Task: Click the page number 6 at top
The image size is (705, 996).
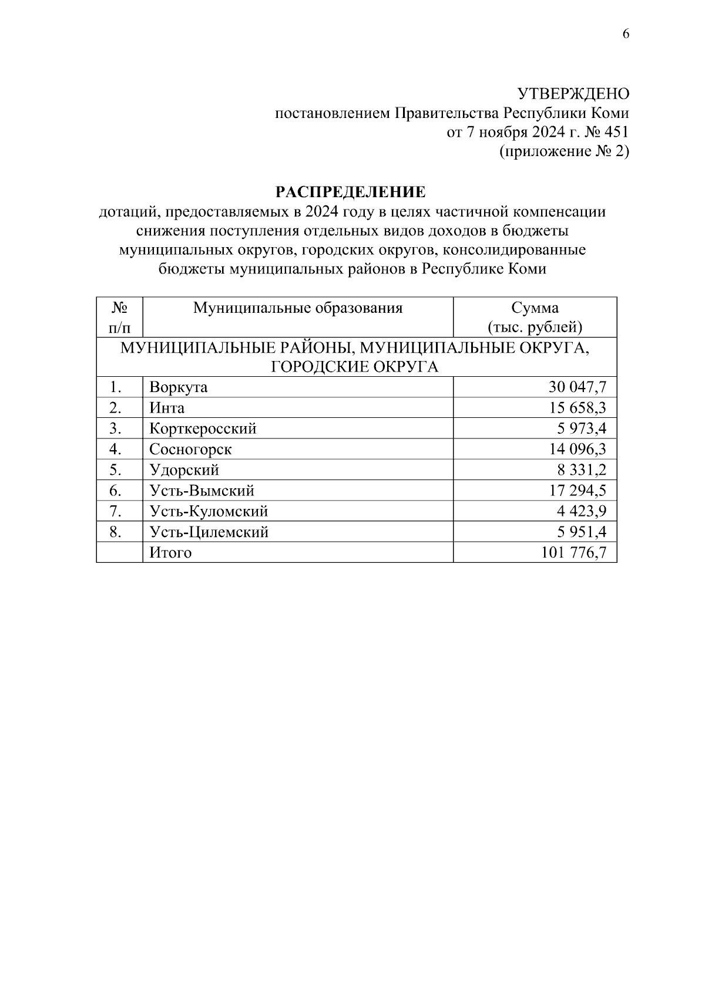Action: tap(626, 34)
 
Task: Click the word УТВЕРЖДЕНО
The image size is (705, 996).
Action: tap(573, 94)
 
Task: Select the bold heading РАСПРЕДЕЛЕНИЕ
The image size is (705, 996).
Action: tap(351, 193)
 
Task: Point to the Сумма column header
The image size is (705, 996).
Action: tap(535, 308)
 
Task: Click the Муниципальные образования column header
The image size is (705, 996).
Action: tap(298, 308)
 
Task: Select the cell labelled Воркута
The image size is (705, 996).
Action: tap(179, 387)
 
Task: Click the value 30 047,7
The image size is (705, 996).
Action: tap(578, 387)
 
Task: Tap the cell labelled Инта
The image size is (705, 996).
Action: tap(167, 408)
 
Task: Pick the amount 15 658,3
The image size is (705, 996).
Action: tap(578, 408)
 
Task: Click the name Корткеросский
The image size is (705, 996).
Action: tap(203, 428)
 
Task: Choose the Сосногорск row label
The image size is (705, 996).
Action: tap(190, 450)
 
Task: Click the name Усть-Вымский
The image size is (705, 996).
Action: tap(202, 491)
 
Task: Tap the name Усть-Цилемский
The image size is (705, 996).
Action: tap(209, 532)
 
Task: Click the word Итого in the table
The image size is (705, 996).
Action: tap(170, 553)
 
